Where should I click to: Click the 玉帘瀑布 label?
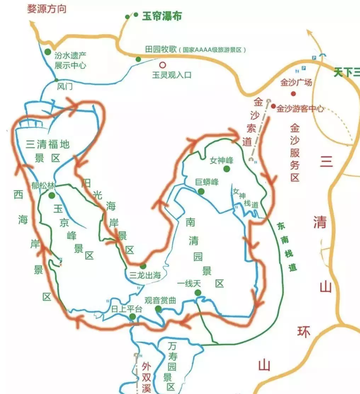pos(162,16)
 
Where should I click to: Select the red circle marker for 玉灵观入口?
pos(162,65)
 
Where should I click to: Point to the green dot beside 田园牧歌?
pos(138,59)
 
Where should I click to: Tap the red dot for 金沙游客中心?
pos(273,106)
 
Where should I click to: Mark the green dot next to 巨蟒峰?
pos(201,191)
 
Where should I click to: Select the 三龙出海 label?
pos(145,276)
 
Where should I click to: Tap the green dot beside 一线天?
pos(198,292)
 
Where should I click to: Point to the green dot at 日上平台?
pos(132,316)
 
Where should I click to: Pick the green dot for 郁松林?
pos(52,195)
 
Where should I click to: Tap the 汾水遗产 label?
pos(70,55)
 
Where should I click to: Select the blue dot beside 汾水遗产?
pos(47,52)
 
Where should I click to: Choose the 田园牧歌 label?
pos(160,49)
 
